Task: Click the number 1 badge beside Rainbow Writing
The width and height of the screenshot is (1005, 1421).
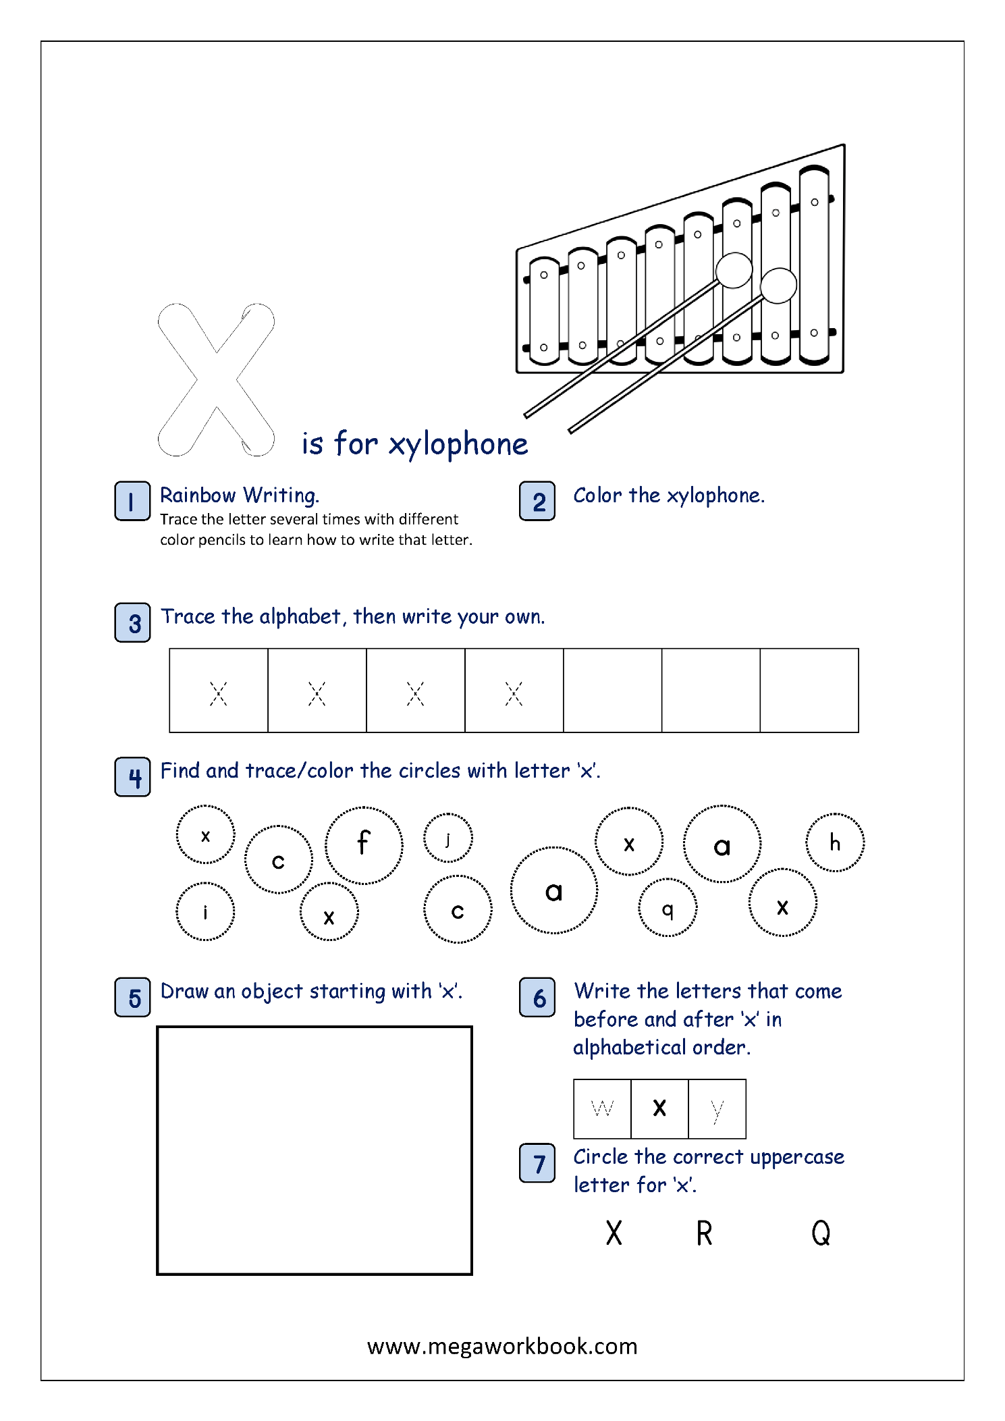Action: (x=132, y=501)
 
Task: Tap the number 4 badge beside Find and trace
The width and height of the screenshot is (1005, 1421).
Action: (x=132, y=777)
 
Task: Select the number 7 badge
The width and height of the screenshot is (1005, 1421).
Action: (x=537, y=1163)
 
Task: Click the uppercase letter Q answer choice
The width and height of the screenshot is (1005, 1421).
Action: (x=821, y=1233)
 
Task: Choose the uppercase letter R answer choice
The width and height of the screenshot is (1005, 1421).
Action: (x=704, y=1233)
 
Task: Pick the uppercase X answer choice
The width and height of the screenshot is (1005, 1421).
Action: (x=614, y=1233)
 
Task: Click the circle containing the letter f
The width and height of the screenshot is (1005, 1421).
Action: (x=364, y=844)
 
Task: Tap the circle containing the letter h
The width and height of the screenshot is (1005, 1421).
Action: (x=835, y=842)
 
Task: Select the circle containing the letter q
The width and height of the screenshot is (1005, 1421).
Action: (x=668, y=907)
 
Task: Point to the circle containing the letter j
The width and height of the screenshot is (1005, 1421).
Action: (x=447, y=838)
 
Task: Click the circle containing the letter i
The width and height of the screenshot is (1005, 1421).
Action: (x=205, y=911)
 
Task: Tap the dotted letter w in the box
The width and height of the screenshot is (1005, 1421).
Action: (x=602, y=1108)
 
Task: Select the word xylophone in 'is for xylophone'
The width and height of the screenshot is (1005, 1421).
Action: (x=458, y=445)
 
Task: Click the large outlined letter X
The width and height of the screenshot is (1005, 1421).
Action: (x=216, y=379)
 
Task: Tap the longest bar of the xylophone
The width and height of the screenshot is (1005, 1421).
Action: (x=814, y=267)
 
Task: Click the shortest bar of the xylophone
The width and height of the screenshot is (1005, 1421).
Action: (x=544, y=311)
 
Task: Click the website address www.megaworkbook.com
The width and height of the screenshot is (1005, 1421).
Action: (x=502, y=1346)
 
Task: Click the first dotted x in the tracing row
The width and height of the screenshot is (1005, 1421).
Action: (x=218, y=693)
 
